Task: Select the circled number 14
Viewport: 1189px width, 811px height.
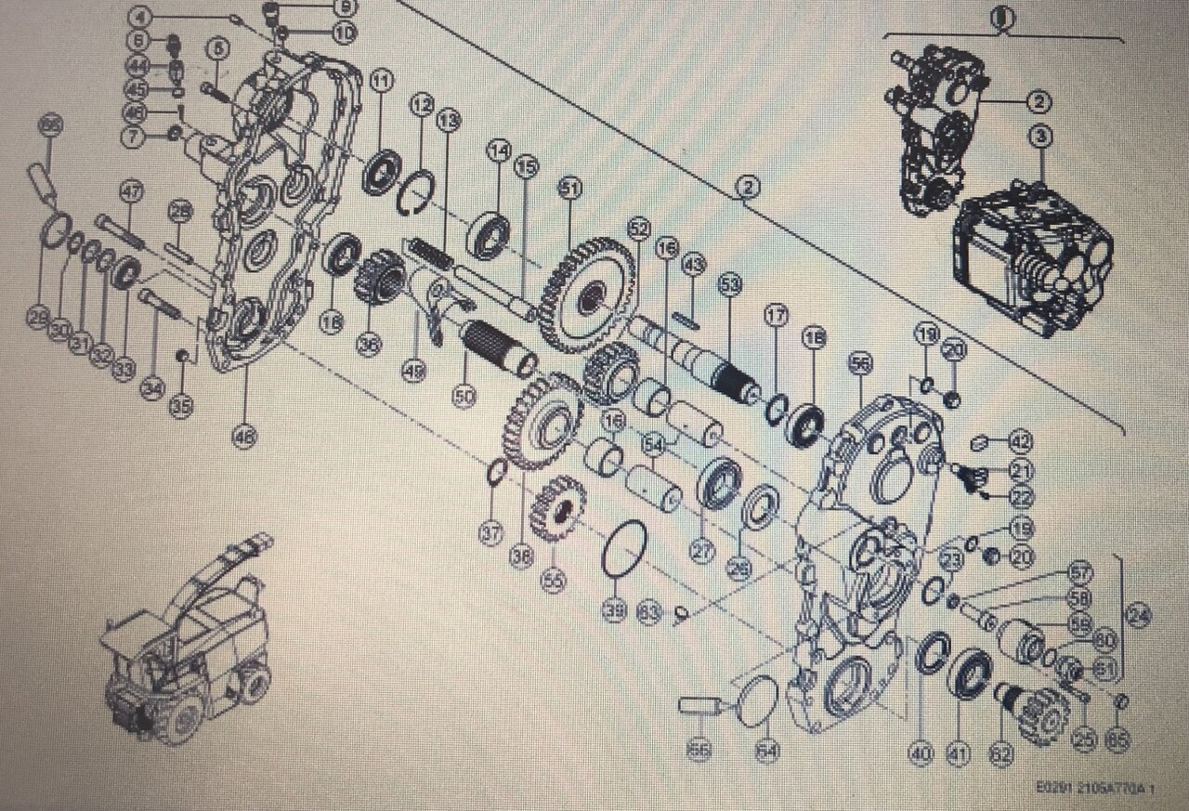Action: click(501, 150)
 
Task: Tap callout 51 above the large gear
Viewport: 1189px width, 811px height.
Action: click(569, 189)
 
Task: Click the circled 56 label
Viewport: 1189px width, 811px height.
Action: click(861, 363)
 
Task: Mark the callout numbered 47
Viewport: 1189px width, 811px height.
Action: click(131, 192)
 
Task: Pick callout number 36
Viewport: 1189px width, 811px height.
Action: click(369, 344)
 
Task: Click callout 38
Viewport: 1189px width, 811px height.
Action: click(521, 556)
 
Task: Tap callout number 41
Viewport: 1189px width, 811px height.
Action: click(958, 754)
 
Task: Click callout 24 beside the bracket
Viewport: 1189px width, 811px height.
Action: click(1138, 614)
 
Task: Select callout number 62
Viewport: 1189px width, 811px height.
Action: click(1000, 754)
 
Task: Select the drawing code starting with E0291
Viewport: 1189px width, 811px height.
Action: click(1095, 788)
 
